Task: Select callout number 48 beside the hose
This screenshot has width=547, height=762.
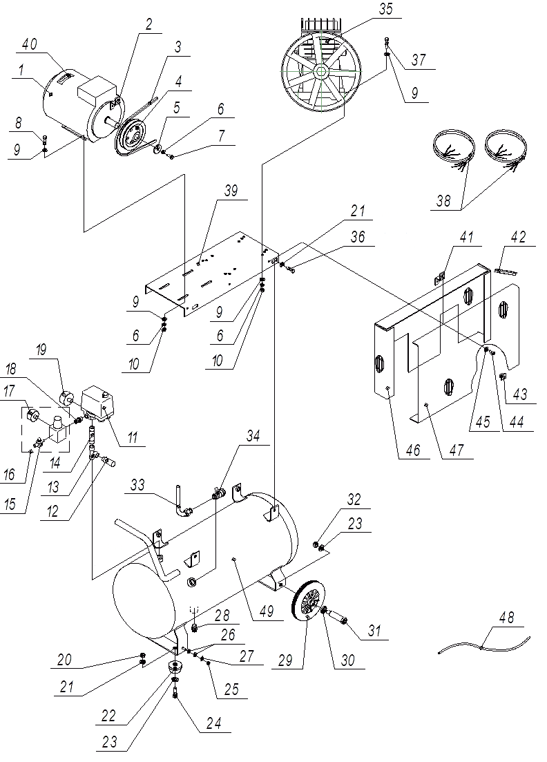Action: pos(506,618)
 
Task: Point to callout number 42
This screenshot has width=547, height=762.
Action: pos(517,238)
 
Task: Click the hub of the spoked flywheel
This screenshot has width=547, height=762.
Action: pos(323,72)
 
